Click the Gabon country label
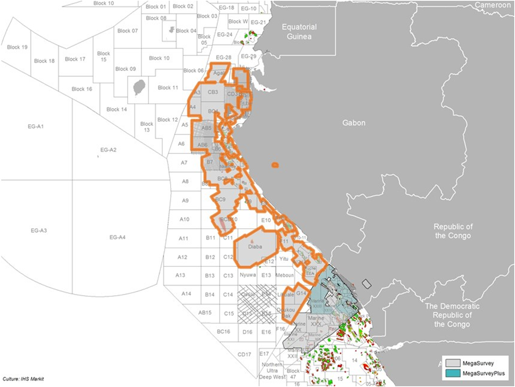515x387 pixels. [x=354, y=123]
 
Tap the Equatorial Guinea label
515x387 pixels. [x=299, y=32]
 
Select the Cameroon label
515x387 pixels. [x=492, y=5]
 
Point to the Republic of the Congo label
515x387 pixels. [x=453, y=231]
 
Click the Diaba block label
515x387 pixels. [x=255, y=247]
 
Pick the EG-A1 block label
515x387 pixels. [x=36, y=126]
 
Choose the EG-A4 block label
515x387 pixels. [x=117, y=237]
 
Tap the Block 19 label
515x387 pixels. [x=17, y=47]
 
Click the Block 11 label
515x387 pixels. [x=168, y=88]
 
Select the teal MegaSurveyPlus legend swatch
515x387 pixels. [x=452, y=373]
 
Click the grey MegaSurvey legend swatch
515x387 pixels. [x=452, y=363]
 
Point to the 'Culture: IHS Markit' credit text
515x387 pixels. [x=23, y=379]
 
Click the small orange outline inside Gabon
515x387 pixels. [x=275, y=165]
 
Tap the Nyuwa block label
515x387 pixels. [x=248, y=275]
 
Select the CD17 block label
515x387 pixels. [x=244, y=354]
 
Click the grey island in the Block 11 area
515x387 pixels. [x=139, y=88]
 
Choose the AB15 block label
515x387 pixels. [x=205, y=312]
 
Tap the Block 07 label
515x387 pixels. [x=127, y=31]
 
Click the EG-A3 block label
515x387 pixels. [x=39, y=230]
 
